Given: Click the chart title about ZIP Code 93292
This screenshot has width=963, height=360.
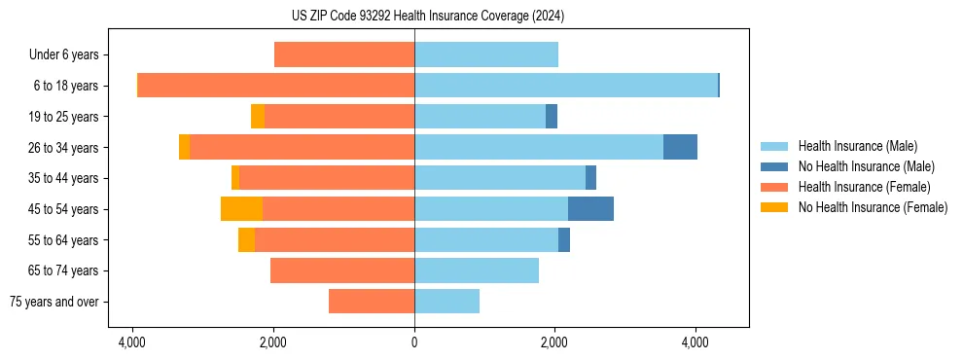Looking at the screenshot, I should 414,17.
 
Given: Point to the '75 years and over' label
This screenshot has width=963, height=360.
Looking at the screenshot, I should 54,302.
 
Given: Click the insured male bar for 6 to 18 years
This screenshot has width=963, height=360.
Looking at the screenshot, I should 566,86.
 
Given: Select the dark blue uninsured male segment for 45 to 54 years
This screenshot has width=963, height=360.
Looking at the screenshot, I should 590,209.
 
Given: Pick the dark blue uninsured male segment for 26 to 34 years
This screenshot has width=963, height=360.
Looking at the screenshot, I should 680,147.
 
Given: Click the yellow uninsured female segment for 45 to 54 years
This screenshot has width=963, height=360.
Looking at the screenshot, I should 241,209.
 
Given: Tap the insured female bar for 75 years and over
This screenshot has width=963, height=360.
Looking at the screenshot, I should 372,302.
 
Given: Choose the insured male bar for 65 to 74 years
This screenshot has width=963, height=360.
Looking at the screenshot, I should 477,270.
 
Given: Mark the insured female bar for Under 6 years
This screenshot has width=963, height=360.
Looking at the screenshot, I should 344,54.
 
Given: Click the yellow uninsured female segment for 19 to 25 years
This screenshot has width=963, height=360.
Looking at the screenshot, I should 258,117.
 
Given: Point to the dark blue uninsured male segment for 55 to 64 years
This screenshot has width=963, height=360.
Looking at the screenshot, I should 564,240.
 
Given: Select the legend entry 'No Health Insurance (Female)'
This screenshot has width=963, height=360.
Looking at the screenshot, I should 873,207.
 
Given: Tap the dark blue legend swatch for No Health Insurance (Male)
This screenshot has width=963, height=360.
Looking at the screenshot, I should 776,166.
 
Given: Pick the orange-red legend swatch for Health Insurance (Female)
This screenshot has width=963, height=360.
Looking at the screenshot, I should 776,187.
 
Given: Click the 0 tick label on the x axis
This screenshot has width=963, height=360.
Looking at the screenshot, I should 414,342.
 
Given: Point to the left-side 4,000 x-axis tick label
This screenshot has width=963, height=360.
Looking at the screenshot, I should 132,342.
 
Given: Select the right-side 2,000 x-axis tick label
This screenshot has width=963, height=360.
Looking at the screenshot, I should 555,342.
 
